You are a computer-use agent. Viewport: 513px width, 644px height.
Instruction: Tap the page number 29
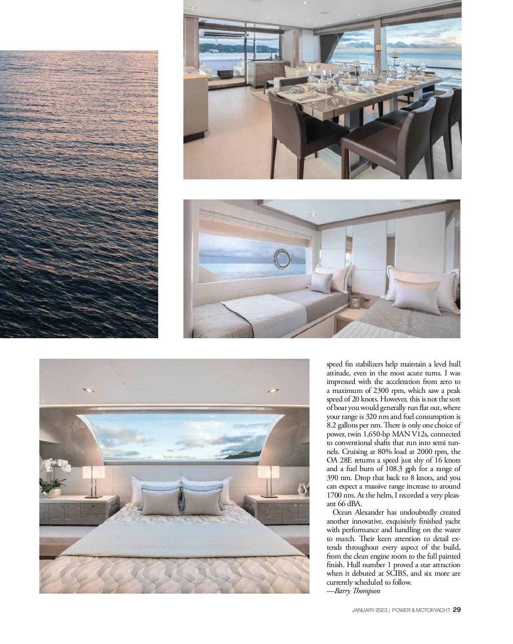pyautogui.click(x=457, y=610)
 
